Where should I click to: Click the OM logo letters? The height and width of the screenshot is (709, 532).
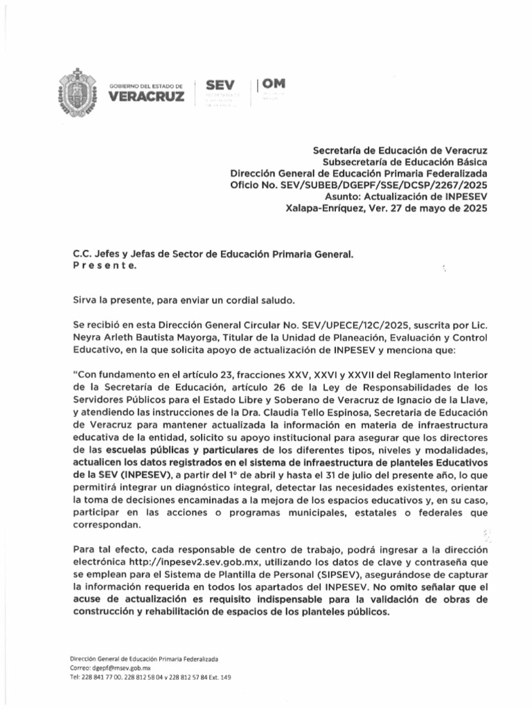273,84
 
